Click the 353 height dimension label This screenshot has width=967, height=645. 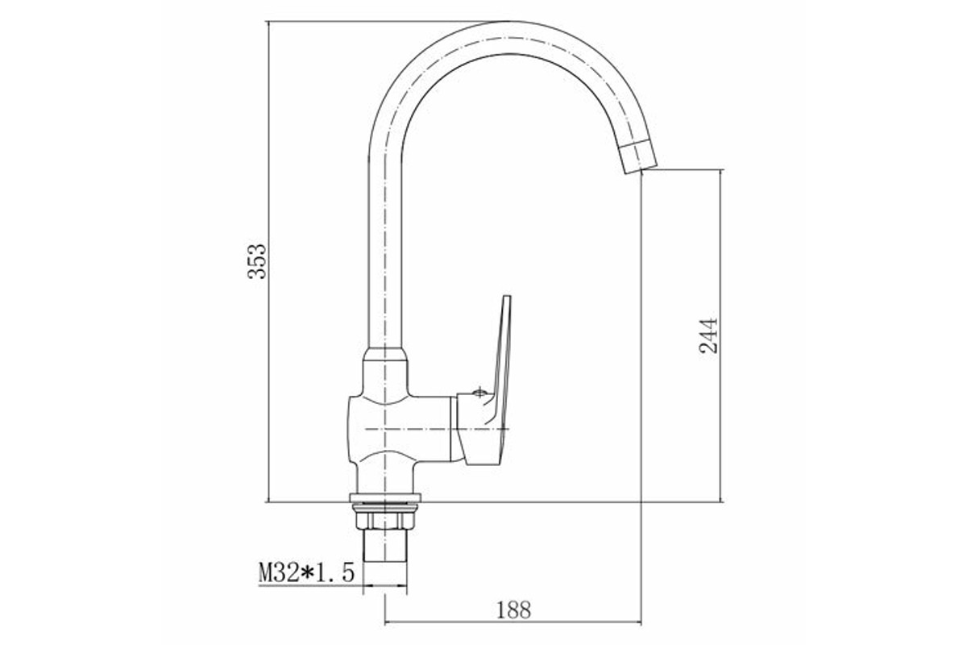pos(257,261)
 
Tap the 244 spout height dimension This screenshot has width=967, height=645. pos(708,336)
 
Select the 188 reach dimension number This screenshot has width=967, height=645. pos(513,610)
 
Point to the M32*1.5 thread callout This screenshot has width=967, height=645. pos(306,572)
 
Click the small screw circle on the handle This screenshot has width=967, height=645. pos(479,393)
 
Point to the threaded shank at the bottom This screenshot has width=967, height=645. pos(385,545)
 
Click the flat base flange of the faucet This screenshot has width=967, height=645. pos(385,497)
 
